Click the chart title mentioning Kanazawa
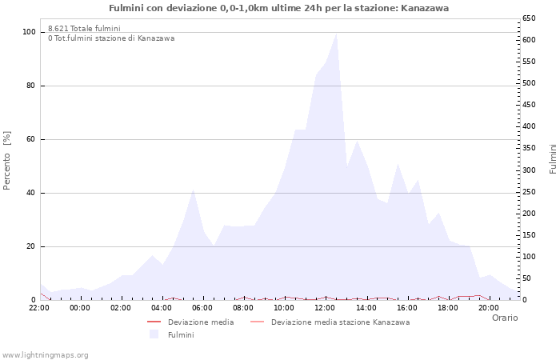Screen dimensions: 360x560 tap(278, 8)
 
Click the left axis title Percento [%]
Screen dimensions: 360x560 tap(7, 161)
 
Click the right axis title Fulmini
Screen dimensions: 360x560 tap(553, 158)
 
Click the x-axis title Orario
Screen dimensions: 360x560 tap(504, 318)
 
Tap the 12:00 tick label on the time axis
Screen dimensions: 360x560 tap(325, 308)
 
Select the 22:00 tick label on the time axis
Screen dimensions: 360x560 tap(39, 308)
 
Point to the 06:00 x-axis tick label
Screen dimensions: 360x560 tap(202, 308)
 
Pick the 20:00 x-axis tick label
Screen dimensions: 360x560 tap(488, 308)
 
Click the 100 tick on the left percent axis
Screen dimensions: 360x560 tap(29, 32)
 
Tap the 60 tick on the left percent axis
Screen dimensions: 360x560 tap(31, 139)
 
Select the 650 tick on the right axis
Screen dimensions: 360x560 tap(529, 18)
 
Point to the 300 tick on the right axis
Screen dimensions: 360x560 tap(529, 170)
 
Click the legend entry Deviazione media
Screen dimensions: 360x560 tap(200, 322)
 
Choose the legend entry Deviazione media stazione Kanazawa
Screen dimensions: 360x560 tap(340, 322)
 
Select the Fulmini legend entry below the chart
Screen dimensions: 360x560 tap(180, 335)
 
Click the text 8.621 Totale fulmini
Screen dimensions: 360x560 tap(84, 28)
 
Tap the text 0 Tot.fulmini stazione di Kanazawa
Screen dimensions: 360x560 tap(111, 38)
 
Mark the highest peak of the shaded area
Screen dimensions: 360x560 tap(336, 34)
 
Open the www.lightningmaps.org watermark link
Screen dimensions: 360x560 tap(46, 354)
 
